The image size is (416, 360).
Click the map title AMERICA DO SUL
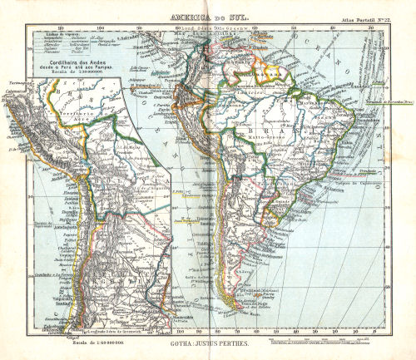tap(209, 16)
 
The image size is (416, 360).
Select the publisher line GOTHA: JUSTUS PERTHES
tap(209, 341)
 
